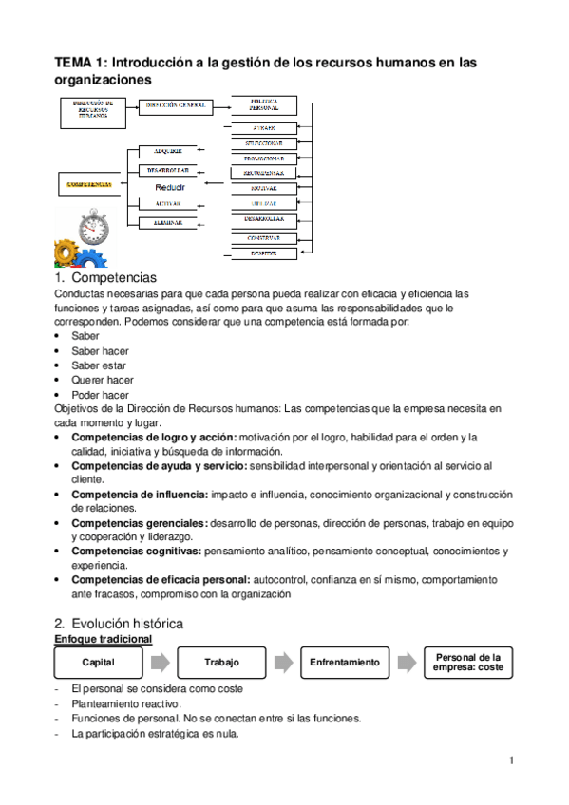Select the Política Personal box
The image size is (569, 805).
coord(263,104)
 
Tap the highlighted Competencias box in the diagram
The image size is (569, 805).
coord(90,184)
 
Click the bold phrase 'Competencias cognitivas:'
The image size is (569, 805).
coord(140,551)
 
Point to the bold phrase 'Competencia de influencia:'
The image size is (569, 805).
coord(140,495)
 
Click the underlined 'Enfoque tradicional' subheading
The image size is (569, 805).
coord(103,640)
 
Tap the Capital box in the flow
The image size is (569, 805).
coord(99,662)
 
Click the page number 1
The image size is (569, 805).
coord(511,760)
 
